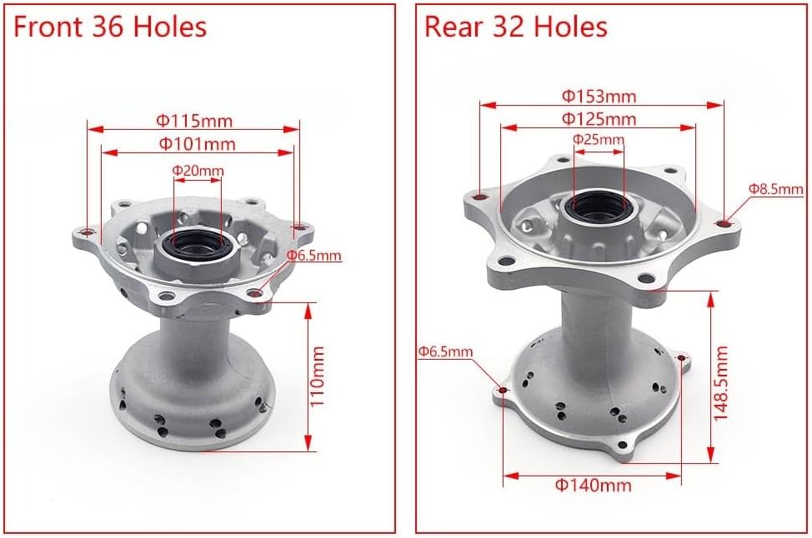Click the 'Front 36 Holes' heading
(x=110, y=27)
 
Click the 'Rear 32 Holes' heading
(x=516, y=27)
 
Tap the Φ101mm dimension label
(x=197, y=143)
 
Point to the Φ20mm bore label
(x=198, y=171)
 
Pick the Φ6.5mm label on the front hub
(x=313, y=256)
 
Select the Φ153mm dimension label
(x=598, y=96)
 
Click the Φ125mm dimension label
(x=598, y=119)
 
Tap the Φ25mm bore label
(x=598, y=139)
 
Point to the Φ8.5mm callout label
(x=775, y=189)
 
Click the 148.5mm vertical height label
(x=722, y=382)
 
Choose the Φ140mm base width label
(x=593, y=485)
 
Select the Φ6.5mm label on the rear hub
(x=445, y=351)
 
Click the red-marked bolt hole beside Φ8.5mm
(x=725, y=222)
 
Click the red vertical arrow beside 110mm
(x=308, y=375)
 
